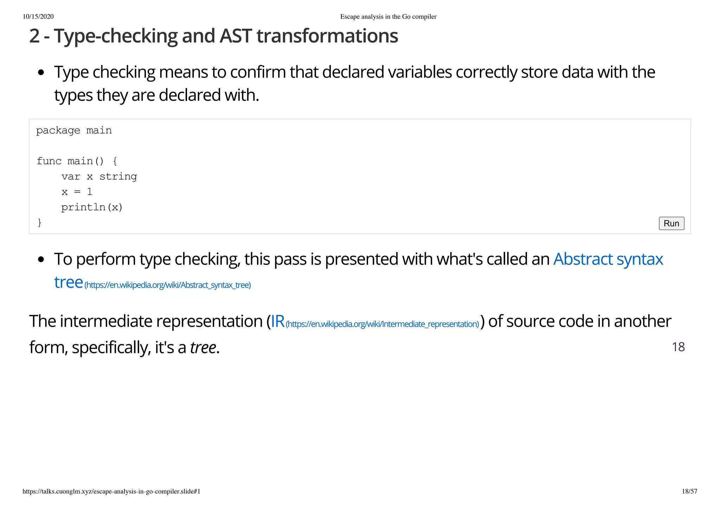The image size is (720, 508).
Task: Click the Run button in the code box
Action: tap(671, 223)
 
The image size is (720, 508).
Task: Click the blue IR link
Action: tap(278, 321)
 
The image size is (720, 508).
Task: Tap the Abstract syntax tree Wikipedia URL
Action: tap(168, 285)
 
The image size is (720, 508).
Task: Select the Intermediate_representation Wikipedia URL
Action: tap(382, 324)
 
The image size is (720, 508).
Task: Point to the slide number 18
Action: tap(678, 347)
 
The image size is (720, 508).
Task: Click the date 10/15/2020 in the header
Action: tap(38, 17)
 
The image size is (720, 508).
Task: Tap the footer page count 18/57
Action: tap(689, 491)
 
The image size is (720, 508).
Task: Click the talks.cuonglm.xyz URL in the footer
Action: tap(111, 491)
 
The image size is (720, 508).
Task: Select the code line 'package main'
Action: tap(74, 131)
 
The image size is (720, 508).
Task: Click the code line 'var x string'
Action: tap(99, 176)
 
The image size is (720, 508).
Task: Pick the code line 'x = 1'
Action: tap(77, 192)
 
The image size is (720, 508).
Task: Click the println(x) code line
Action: tap(92, 207)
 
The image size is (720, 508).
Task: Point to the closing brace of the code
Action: tap(39, 222)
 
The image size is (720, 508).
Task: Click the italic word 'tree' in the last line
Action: tap(203, 348)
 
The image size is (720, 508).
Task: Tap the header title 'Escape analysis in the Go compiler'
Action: tap(388, 17)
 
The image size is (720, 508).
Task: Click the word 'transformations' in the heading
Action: tap(327, 36)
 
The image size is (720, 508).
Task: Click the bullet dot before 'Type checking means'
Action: tap(41, 73)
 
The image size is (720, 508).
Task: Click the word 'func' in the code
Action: tap(49, 161)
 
